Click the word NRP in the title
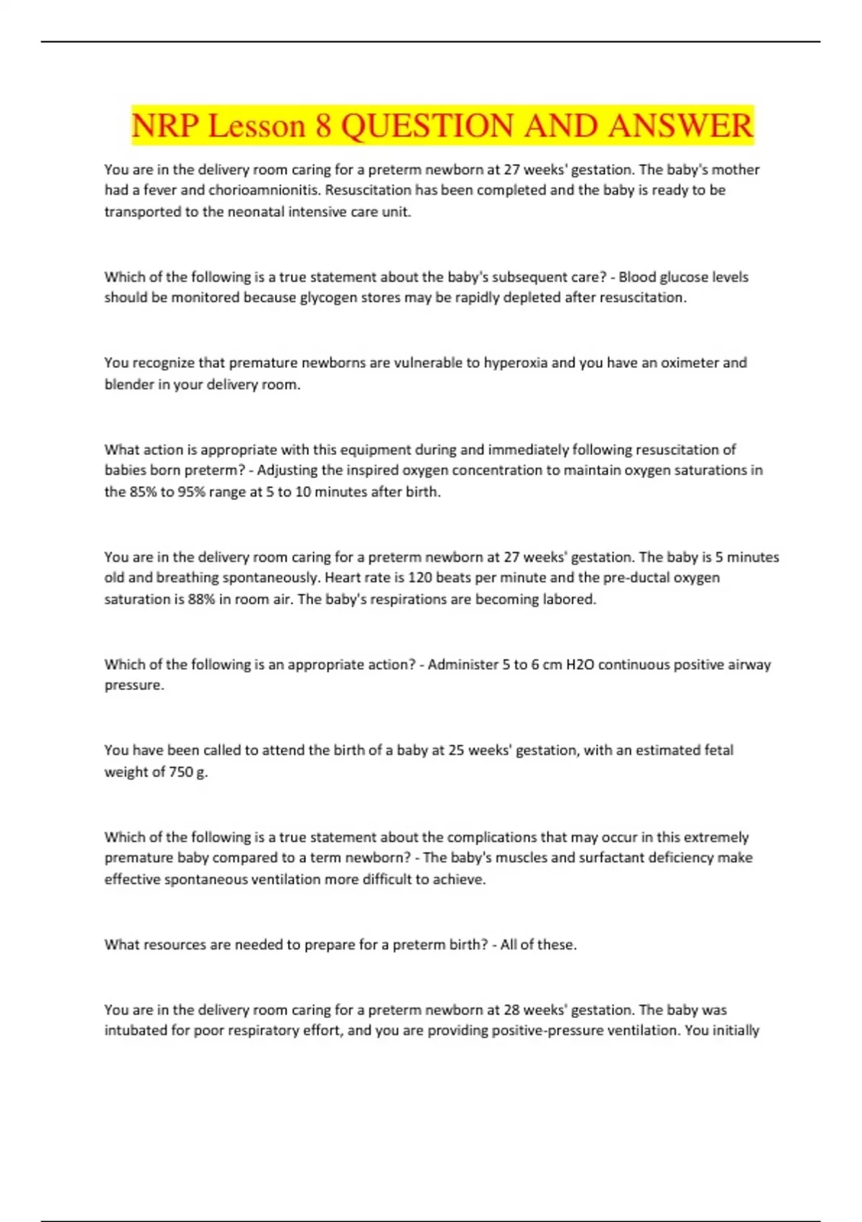coord(164,126)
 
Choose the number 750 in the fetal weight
coord(180,772)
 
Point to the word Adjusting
coord(287,471)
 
